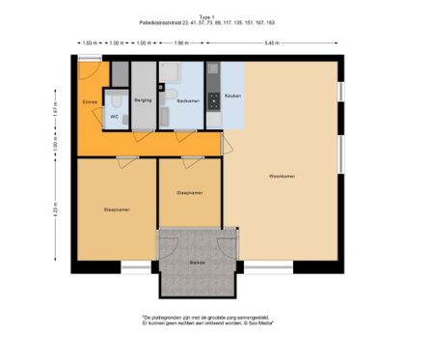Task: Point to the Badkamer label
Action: [x=187, y=99]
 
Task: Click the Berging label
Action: [x=143, y=99]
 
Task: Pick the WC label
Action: [x=114, y=117]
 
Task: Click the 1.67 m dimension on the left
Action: [x=56, y=109]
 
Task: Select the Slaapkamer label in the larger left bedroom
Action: [x=117, y=209]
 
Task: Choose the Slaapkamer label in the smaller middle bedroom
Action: [x=189, y=193]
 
